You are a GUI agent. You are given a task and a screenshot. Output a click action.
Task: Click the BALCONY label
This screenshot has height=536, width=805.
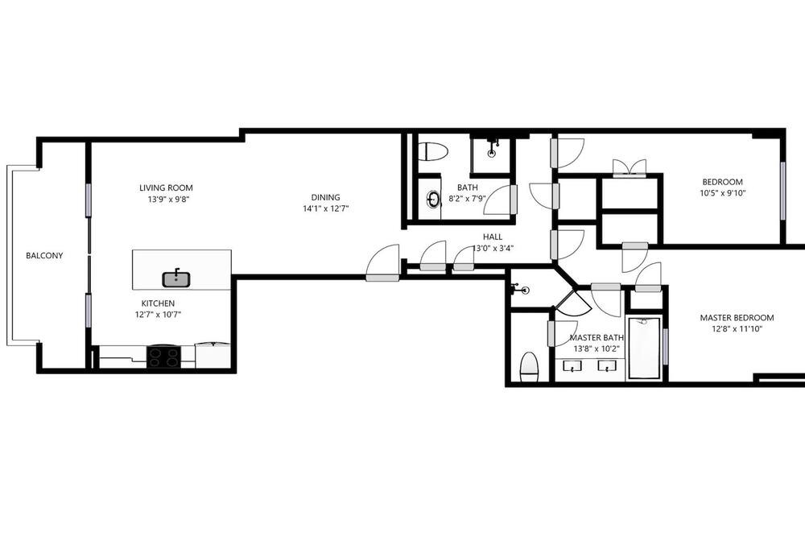(44, 255)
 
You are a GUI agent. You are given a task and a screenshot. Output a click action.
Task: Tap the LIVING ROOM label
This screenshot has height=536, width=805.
(166, 188)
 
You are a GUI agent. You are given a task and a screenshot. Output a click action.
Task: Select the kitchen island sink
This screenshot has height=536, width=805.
(176, 278)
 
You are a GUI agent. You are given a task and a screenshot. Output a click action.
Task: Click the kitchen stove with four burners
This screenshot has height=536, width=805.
(163, 357)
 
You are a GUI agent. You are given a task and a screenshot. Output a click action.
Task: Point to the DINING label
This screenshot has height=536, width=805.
(325, 197)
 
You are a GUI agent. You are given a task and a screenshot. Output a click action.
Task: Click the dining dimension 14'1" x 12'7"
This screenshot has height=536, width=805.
(325, 208)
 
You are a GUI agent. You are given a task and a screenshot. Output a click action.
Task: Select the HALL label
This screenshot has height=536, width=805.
(493, 237)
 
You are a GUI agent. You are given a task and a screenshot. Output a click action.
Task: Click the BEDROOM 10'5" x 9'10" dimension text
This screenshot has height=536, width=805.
(722, 193)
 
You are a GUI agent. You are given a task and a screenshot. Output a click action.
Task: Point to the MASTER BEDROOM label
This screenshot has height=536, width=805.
(737, 318)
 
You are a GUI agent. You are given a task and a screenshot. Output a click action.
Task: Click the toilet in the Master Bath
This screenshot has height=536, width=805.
(529, 366)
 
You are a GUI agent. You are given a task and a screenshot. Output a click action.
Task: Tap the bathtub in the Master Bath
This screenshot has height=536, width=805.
(644, 348)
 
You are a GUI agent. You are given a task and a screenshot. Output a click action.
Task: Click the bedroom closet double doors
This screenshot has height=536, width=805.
(630, 168)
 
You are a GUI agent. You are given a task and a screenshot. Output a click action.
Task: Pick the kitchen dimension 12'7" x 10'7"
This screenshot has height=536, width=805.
(158, 315)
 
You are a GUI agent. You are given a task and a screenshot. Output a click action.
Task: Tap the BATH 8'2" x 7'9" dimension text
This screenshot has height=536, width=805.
(467, 198)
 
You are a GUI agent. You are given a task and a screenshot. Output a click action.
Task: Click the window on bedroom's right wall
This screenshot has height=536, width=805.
(782, 191)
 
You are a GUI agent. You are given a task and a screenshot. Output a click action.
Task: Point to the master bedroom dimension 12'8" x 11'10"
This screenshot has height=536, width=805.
(737, 329)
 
